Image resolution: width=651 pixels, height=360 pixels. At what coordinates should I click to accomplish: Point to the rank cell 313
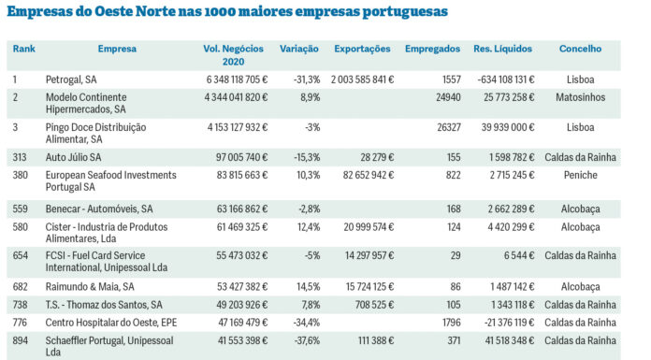[x=21, y=158]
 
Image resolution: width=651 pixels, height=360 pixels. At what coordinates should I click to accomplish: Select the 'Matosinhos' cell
[x=580, y=97]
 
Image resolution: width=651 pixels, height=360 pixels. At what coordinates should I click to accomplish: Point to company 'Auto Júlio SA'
[x=74, y=158]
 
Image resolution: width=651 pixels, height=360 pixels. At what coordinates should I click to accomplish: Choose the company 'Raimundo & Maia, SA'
[x=90, y=286]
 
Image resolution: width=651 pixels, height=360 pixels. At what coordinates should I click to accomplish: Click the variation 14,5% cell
[x=306, y=286]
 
